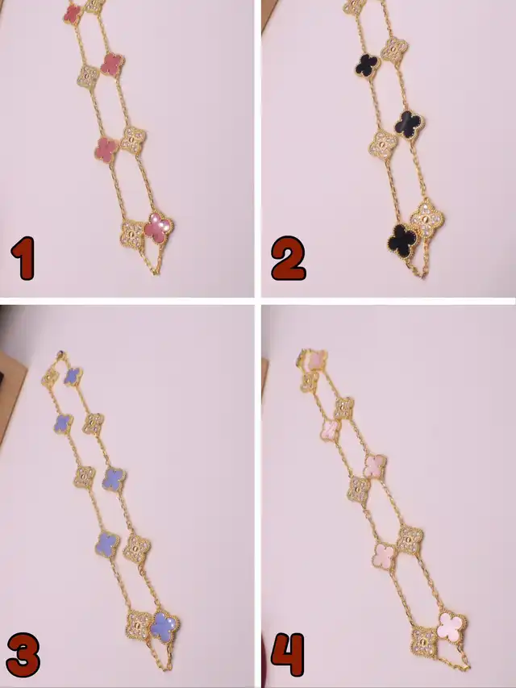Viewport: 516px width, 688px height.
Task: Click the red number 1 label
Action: click(x=23, y=258)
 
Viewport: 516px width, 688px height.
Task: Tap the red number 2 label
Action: click(x=289, y=258)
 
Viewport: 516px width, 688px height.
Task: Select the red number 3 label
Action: click(x=23, y=655)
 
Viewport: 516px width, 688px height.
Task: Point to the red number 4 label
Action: click(x=288, y=655)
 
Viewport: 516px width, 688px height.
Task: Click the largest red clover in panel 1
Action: click(x=158, y=227)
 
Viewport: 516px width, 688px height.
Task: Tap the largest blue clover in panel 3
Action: click(x=164, y=627)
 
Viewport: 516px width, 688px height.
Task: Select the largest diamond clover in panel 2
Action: click(x=427, y=218)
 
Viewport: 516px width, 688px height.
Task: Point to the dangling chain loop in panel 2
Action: click(x=418, y=266)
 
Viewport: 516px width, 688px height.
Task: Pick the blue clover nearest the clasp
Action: click(x=73, y=377)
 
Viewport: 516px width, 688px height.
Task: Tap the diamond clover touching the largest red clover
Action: click(x=132, y=234)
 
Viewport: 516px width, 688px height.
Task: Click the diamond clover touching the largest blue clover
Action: click(x=139, y=625)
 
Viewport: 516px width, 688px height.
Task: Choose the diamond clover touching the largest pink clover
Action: click(x=424, y=641)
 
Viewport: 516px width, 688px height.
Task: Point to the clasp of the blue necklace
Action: click(x=60, y=353)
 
